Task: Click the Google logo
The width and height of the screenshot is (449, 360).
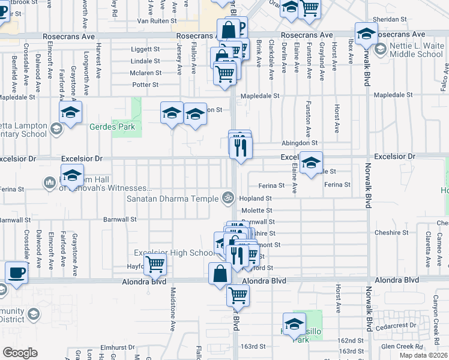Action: coord(20,353)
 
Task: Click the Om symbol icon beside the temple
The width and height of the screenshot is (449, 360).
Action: coord(228,197)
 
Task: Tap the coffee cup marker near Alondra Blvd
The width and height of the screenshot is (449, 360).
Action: coord(16,273)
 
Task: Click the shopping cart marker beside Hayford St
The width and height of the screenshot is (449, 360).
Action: coord(155,263)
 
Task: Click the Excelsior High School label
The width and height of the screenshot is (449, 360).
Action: coord(174,253)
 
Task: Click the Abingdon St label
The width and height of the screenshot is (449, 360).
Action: coord(300,143)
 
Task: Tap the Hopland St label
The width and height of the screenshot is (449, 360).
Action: coord(256,197)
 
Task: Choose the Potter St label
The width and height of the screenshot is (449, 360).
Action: coord(145,85)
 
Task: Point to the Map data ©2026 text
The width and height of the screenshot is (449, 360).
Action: coord(424,355)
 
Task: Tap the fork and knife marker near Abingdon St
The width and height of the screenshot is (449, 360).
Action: coord(241,147)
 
